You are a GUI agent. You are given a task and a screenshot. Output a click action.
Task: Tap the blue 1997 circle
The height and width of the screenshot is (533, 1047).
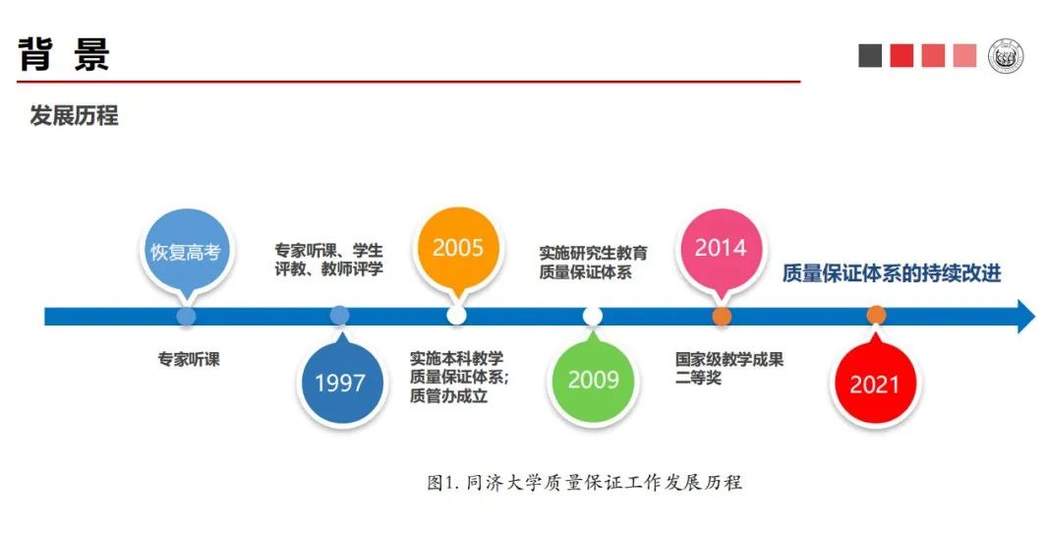(x=340, y=383)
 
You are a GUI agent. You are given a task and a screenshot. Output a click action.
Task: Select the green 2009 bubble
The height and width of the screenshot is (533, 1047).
(x=593, y=379)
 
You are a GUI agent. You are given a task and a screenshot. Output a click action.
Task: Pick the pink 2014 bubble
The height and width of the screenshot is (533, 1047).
(x=721, y=248)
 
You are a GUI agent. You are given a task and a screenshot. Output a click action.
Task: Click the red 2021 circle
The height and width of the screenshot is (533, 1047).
(x=874, y=384)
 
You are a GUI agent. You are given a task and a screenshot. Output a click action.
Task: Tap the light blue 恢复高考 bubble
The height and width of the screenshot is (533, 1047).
(x=185, y=251)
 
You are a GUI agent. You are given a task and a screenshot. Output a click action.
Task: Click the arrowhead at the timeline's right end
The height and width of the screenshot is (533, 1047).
(x=1024, y=317)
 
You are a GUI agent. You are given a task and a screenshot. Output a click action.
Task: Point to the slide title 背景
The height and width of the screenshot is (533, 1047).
(x=64, y=54)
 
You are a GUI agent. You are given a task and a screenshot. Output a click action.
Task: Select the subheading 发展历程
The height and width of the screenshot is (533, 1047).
(x=74, y=115)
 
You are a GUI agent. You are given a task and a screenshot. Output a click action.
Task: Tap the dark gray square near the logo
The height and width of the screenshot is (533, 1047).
(x=870, y=56)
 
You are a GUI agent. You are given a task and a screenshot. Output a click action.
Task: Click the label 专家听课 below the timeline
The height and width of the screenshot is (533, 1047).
(x=189, y=360)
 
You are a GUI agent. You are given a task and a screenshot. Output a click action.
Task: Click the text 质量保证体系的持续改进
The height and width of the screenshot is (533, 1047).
(x=892, y=273)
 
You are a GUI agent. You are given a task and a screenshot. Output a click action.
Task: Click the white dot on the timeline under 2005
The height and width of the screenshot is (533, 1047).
(x=456, y=316)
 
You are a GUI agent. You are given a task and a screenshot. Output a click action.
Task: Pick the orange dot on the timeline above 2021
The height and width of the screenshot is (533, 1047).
(x=876, y=316)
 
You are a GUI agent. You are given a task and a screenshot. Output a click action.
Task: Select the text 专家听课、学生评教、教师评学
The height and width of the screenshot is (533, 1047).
(x=328, y=259)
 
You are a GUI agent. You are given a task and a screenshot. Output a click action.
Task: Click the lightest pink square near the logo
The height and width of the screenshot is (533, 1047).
(x=964, y=56)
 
